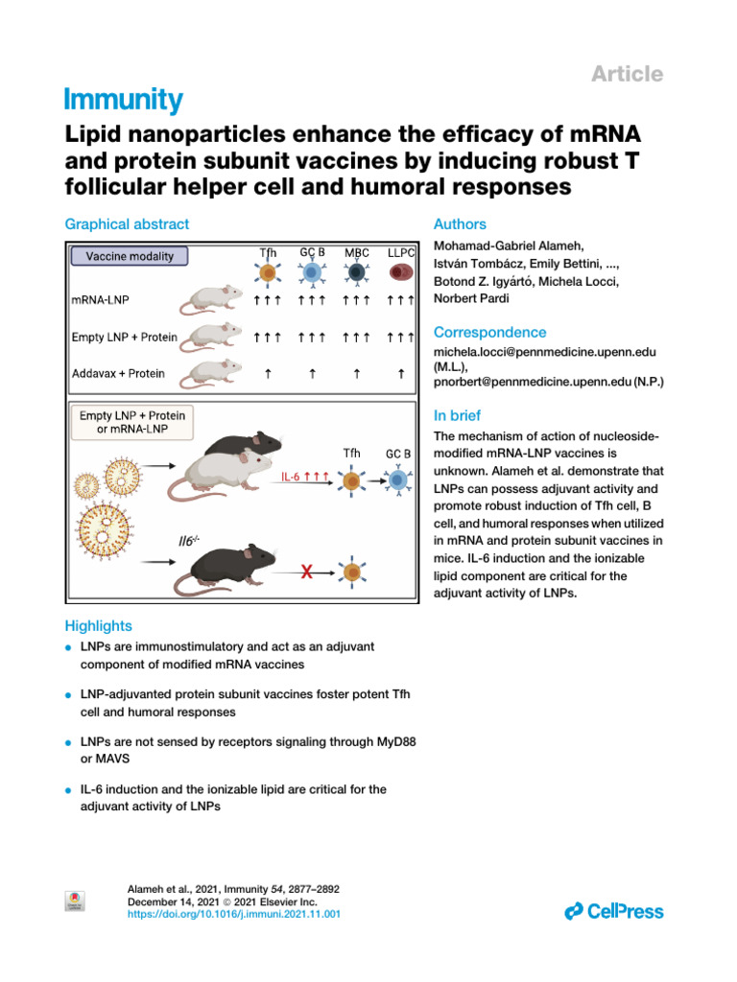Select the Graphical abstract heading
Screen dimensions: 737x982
pos(127,224)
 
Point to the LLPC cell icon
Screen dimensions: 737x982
pos(400,274)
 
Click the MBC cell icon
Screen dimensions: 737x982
pos(357,274)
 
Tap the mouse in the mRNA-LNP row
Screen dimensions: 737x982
pos(219,300)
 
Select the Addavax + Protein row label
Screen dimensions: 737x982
pos(118,372)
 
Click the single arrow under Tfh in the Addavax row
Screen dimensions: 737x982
pos(269,373)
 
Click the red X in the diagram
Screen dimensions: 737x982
pos(308,573)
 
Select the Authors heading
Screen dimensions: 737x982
pos(461,224)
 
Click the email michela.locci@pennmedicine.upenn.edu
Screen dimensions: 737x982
pos(545,353)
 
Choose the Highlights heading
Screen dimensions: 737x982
pos(98,626)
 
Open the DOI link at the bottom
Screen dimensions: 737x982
pos(234,915)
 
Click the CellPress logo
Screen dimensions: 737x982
pos(614,911)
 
